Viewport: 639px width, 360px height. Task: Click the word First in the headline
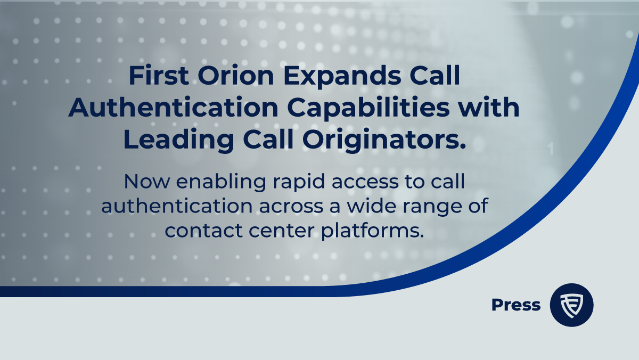coord(157,78)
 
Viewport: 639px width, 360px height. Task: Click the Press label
coord(515,305)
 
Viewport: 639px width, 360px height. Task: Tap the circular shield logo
coord(571,305)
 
